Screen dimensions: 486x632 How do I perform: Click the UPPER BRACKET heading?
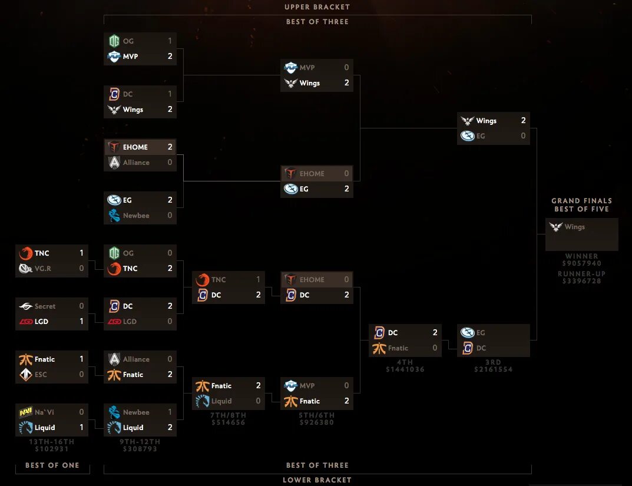point(317,7)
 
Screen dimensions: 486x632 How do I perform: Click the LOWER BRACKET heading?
point(317,480)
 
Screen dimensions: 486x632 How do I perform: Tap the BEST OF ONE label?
point(52,465)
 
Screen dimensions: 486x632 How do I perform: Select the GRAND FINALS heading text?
point(581,201)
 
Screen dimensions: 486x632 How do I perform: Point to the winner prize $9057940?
point(581,264)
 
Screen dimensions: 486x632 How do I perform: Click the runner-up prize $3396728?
point(581,281)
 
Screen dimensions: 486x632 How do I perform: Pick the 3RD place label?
point(493,362)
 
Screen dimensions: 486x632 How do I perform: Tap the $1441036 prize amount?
point(405,369)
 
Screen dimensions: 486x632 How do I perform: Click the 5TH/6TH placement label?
point(317,415)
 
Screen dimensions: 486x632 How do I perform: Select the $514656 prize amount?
point(229,422)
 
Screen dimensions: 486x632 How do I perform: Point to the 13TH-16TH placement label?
point(52,442)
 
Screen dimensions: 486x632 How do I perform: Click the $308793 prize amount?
point(140,449)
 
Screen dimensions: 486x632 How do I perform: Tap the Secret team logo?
point(25,306)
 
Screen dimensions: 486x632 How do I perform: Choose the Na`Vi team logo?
point(25,412)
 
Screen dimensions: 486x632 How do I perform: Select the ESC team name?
point(41,375)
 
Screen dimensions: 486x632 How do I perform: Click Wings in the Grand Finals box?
point(574,227)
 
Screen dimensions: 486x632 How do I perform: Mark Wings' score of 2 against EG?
point(523,121)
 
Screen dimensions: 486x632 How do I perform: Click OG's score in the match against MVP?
point(170,41)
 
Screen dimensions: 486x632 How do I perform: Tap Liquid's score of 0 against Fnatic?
point(258,401)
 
